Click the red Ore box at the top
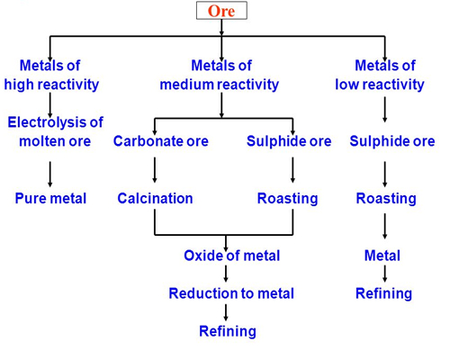pos(221,13)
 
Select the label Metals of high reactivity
pos(51,75)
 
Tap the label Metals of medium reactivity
pos(220,75)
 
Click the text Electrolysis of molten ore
pos(54,131)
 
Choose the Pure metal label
pos(50,198)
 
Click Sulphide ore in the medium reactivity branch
pos(289,141)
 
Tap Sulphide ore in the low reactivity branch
pos(391,141)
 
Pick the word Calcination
pos(155,198)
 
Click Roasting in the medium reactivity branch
pos(287,198)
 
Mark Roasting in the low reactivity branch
pos(386,198)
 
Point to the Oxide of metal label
pos(231,256)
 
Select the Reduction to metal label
pos(231,293)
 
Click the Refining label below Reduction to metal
pos(227,331)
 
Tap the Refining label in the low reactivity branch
pos(383,293)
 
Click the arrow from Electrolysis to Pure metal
pos(50,171)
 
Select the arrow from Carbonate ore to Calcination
pos(155,170)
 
